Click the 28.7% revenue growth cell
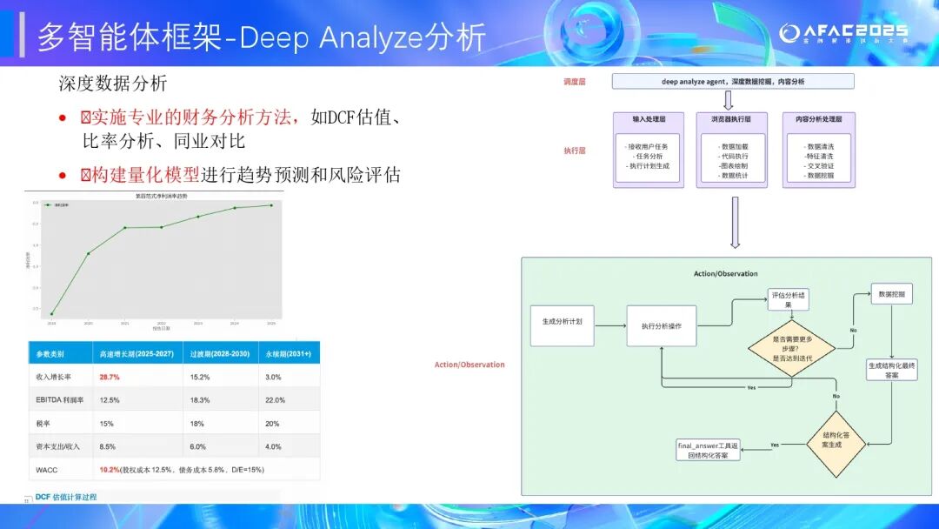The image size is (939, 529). tap(110, 377)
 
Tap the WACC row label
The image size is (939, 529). tap(48, 469)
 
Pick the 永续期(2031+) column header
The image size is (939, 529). tap(288, 354)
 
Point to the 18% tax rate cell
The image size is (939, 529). tap(197, 423)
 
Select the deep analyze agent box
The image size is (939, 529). tap(733, 81)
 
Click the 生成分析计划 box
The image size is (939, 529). tap(563, 321)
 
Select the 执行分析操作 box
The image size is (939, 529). tap(661, 326)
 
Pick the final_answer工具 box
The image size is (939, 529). tap(709, 450)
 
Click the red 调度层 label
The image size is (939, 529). tap(576, 81)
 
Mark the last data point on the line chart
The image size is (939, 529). tap(271, 205)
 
